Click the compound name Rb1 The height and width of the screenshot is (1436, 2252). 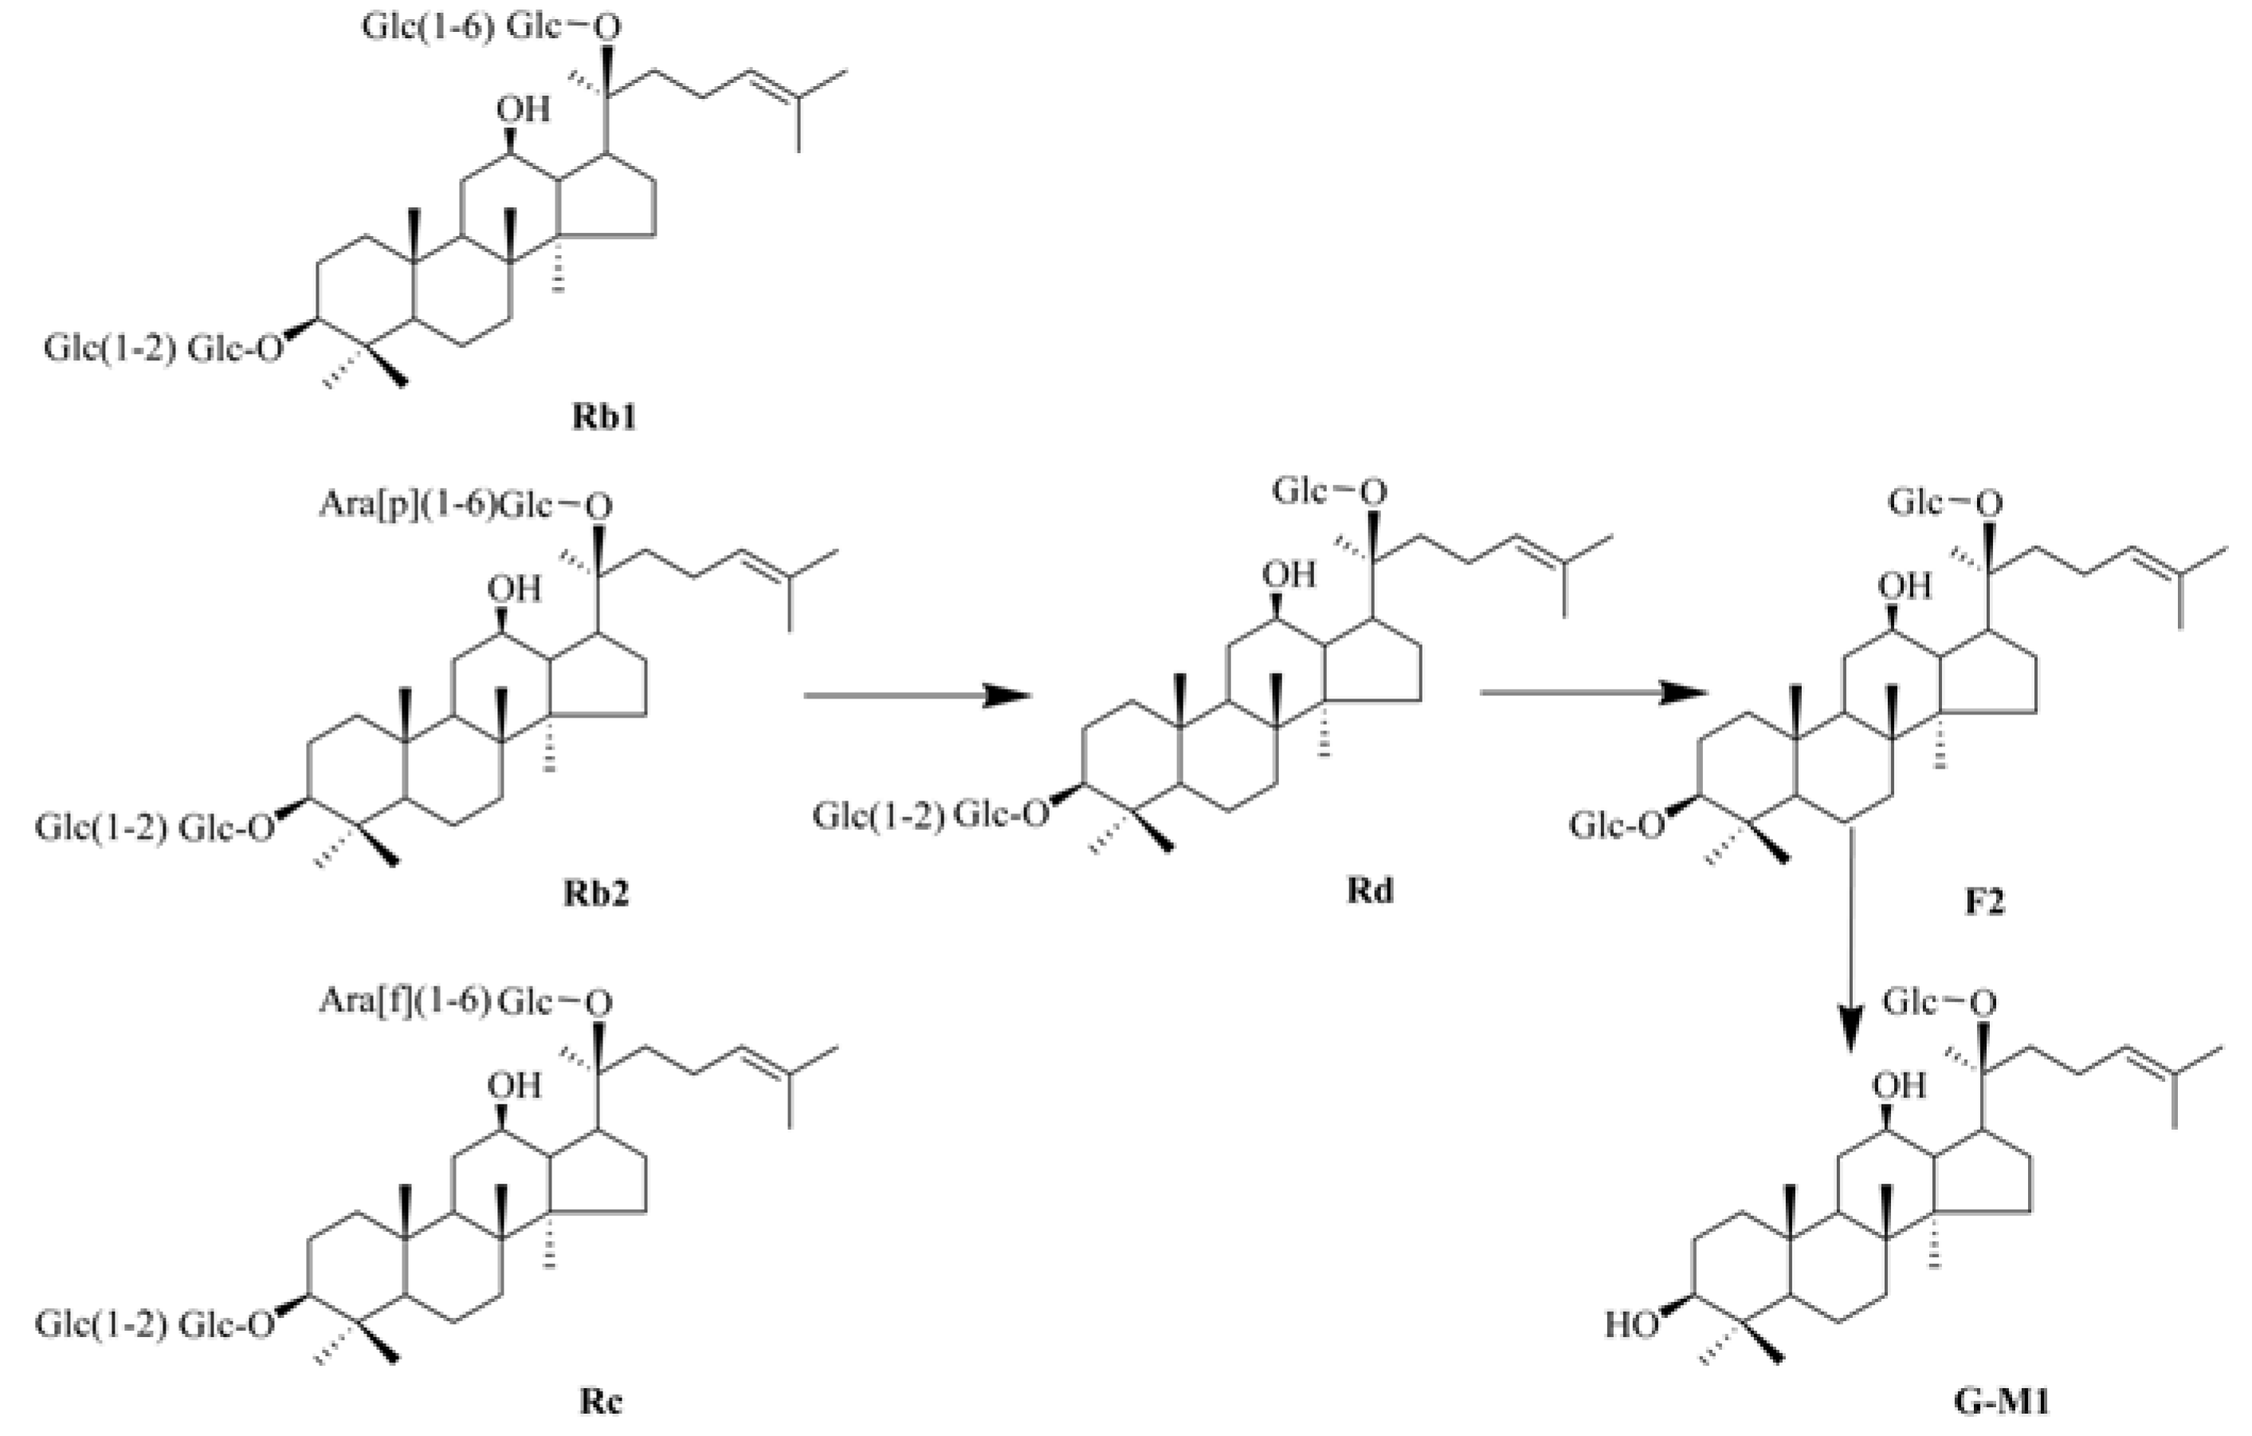pyautogui.click(x=605, y=417)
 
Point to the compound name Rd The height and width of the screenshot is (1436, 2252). pyautogui.click(x=1369, y=890)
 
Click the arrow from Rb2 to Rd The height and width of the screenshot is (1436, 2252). pyautogui.click(x=917, y=695)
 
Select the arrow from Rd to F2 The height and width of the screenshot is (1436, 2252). pyautogui.click(x=1594, y=693)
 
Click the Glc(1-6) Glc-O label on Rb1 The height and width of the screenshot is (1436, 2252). pyautogui.click(x=491, y=27)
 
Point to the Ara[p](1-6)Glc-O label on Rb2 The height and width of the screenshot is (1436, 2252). pyautogui.click(x=465, y=506)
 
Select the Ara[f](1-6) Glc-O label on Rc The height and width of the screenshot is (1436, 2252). pyautogui.click(x=465, y=1003)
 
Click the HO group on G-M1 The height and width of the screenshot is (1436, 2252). pyautogui.click(x=1633, y=1324)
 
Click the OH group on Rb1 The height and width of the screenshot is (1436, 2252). pyautogui.click(x=523, y=109)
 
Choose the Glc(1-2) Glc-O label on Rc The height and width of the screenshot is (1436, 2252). pyautogui.click(x=156, y=1324)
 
